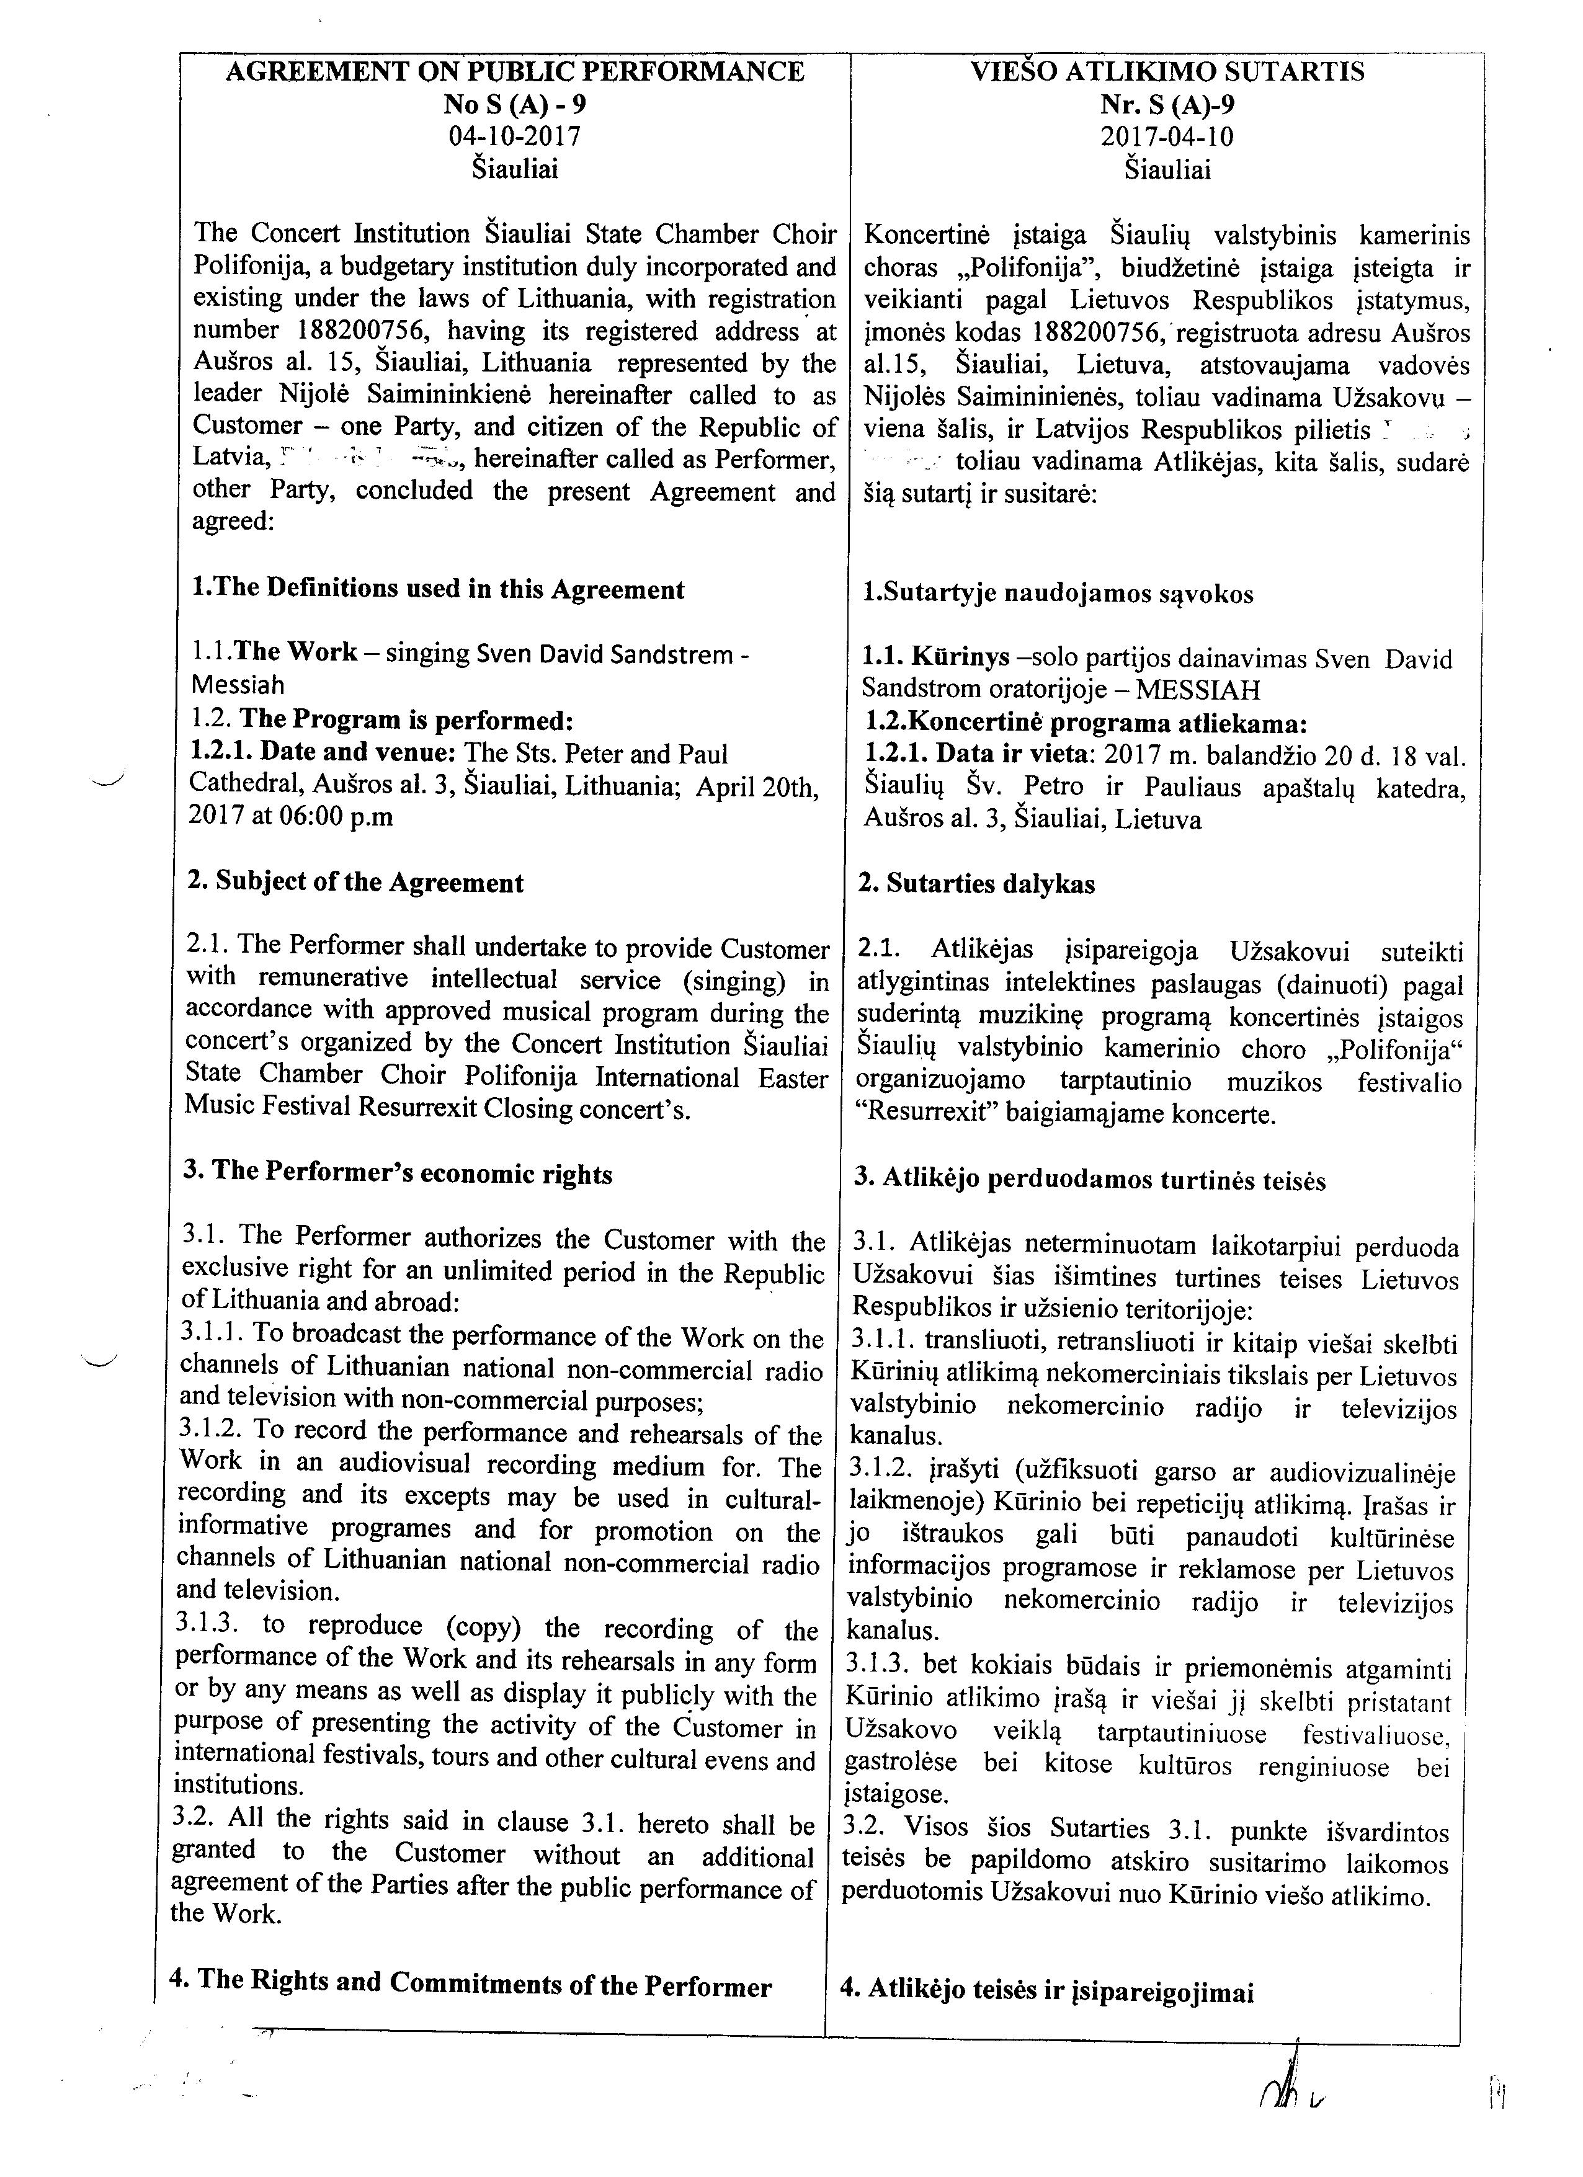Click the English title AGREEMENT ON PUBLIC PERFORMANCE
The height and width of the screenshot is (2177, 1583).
coord(515,72)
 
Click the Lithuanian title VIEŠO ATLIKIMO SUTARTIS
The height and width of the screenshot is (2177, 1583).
coord(1166,72)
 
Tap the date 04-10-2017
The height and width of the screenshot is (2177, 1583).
coord(515,136)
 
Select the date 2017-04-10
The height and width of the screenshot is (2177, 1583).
coord(1166,136)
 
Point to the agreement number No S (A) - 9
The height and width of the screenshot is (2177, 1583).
coord(515,104)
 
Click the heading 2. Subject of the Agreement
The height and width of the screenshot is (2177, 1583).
coord(356,882)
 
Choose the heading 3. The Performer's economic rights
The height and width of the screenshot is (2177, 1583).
coord(398,1174)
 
